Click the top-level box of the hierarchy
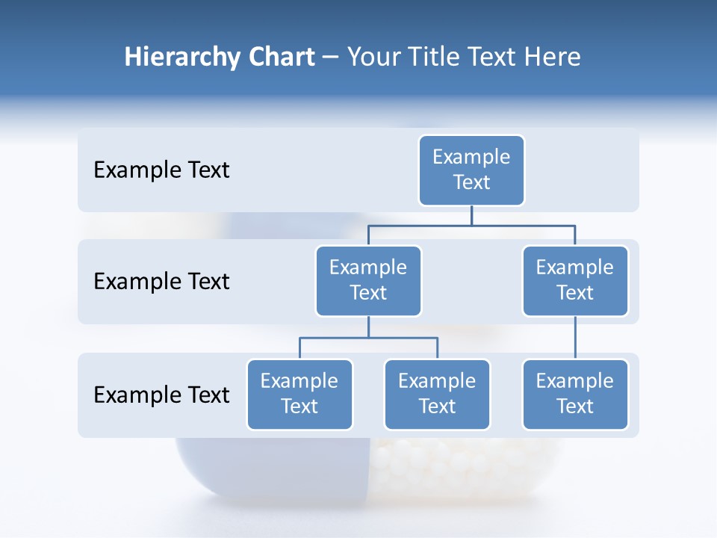(471, 170)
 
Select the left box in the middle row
(368, 281)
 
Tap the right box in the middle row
(575, 281)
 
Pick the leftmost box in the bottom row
(299, 395)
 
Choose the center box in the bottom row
(437, 395)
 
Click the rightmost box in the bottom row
(575, 395)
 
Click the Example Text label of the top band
(161, 170)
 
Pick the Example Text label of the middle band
(161, 282)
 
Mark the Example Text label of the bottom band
(161, 395)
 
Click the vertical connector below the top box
(471, 215)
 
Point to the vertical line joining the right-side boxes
(575, 338)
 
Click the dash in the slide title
(331, 58)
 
